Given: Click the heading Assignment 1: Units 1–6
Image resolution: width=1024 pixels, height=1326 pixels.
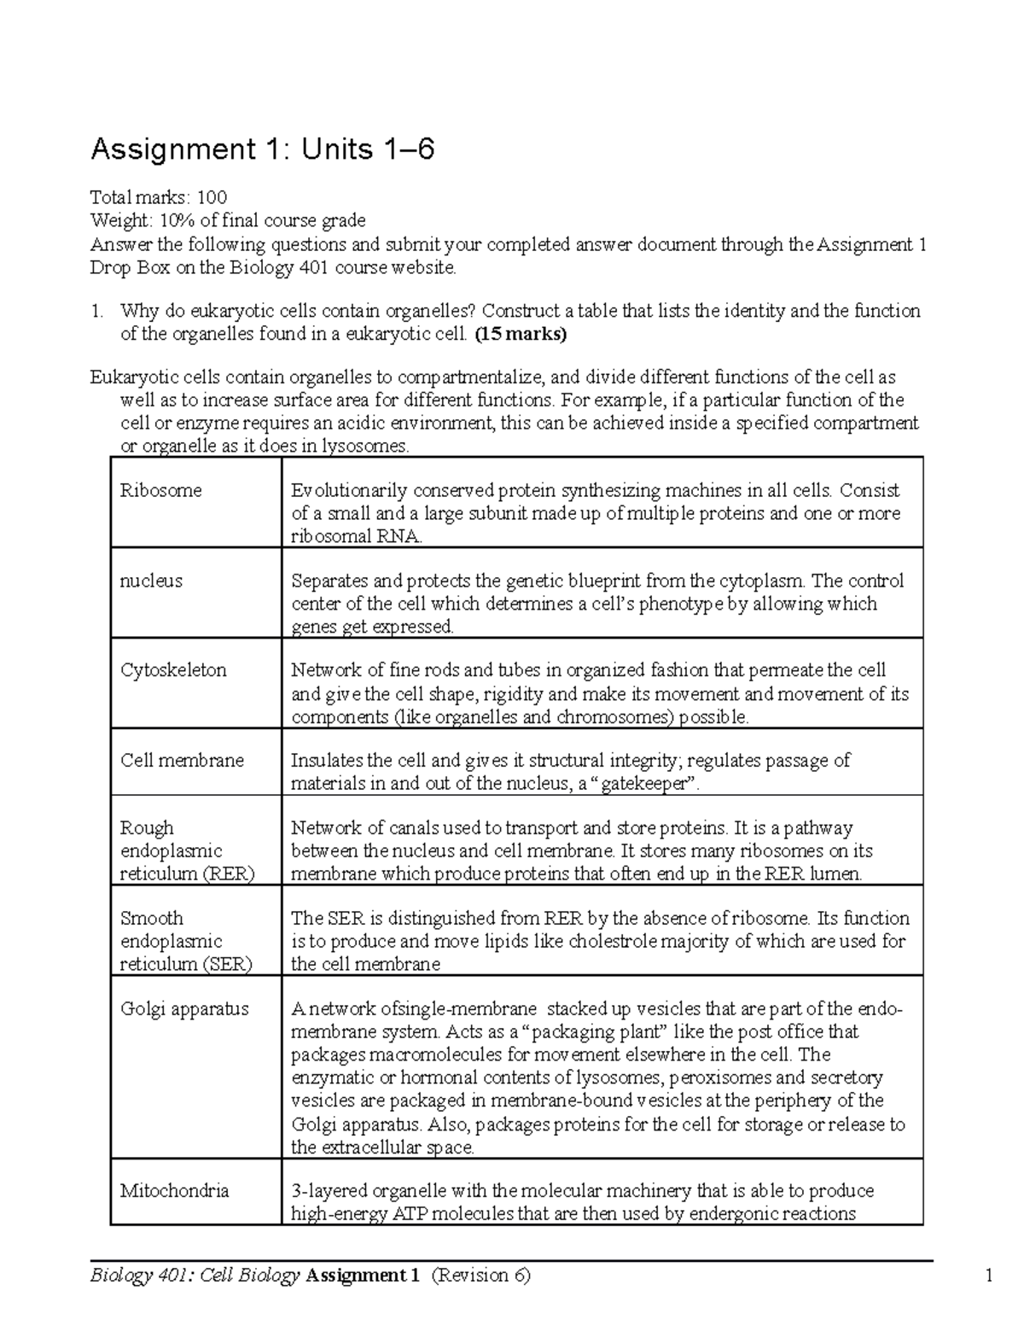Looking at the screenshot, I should click(x=262, y=150).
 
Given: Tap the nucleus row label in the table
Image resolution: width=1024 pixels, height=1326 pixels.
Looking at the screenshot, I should click(x=151, y=581).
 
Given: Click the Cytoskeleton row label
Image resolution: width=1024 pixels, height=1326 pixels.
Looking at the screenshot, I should click(x=173, y=669).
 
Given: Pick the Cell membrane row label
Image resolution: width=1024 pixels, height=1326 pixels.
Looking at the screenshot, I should click(x=182, y=760).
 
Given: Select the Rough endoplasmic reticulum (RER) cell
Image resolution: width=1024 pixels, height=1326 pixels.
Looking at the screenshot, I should click(x=187, y=850).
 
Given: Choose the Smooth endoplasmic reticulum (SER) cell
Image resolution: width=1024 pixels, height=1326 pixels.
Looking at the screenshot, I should click(x=186, y=941).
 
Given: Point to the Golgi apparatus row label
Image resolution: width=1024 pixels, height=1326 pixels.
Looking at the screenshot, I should click(x=184, y=1008).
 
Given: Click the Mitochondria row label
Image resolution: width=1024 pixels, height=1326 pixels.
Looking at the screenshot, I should click(x=174, y=1190).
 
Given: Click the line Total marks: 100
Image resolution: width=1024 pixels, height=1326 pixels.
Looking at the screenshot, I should click(x=159, y=198).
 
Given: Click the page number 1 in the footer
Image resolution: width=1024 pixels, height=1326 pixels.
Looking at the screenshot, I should click(x=989, y=1276).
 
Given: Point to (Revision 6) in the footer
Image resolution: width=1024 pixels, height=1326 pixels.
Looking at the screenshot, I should click(x=481, y=1276).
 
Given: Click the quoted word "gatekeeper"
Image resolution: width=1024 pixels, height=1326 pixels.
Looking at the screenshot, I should click(x=645, y=783).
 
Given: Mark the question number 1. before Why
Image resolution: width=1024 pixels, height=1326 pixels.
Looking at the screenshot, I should click(x=97, y=311).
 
